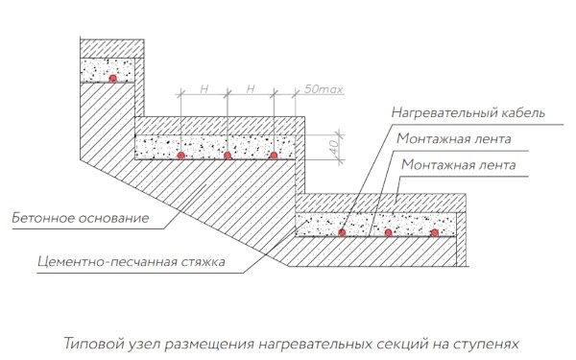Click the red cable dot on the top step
pyautogui.click(x=113, y=78)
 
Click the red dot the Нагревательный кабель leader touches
pyautogui.click(x=343, y=232)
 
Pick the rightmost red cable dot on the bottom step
pyautogui.click(x=434, y=232)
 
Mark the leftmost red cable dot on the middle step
pyautogui.click(x=180, y=155)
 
